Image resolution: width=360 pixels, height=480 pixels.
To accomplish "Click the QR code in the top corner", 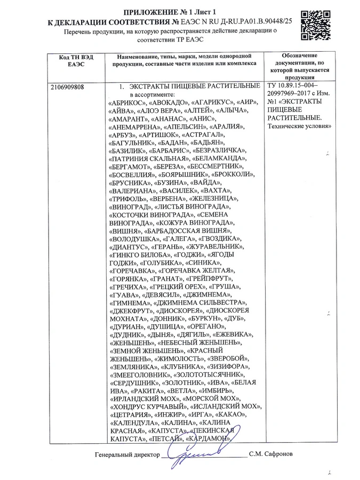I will click(314, 27).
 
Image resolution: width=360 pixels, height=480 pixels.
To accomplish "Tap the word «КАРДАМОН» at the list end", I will click(209, 438).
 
